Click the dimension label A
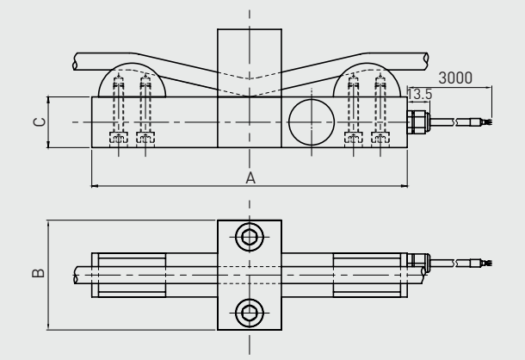(x=250, y=177)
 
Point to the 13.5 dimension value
(x=420, y=94)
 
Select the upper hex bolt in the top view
(x=250, y=237)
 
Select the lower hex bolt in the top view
(x=250, y=312)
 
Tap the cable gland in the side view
(x=419, y=120)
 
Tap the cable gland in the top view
(x=418, y=260)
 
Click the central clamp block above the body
(x=250, y=60)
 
